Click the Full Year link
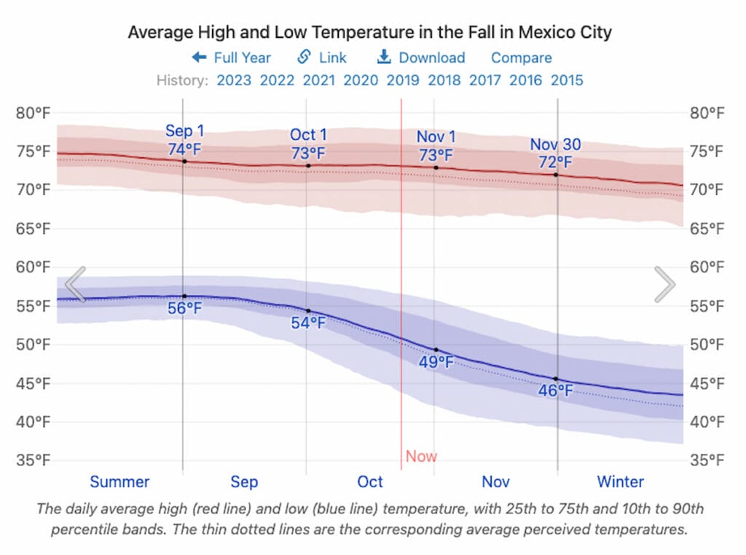(232, 58)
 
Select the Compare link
(521, 58)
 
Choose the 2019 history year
(403, 80)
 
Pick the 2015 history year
(567, 80)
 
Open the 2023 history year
(234, 80)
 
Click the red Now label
(421, 457)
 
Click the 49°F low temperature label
(436, 362)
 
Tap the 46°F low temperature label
(556, 391)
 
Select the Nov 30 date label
(555, 144)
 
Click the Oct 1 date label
(308, 135)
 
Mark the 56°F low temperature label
(184, 308)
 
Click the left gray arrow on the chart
(76, 284)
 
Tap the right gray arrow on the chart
(664, 284)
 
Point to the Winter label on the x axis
(621, 481)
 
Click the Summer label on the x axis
(119, 481)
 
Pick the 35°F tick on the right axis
(707, 460)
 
